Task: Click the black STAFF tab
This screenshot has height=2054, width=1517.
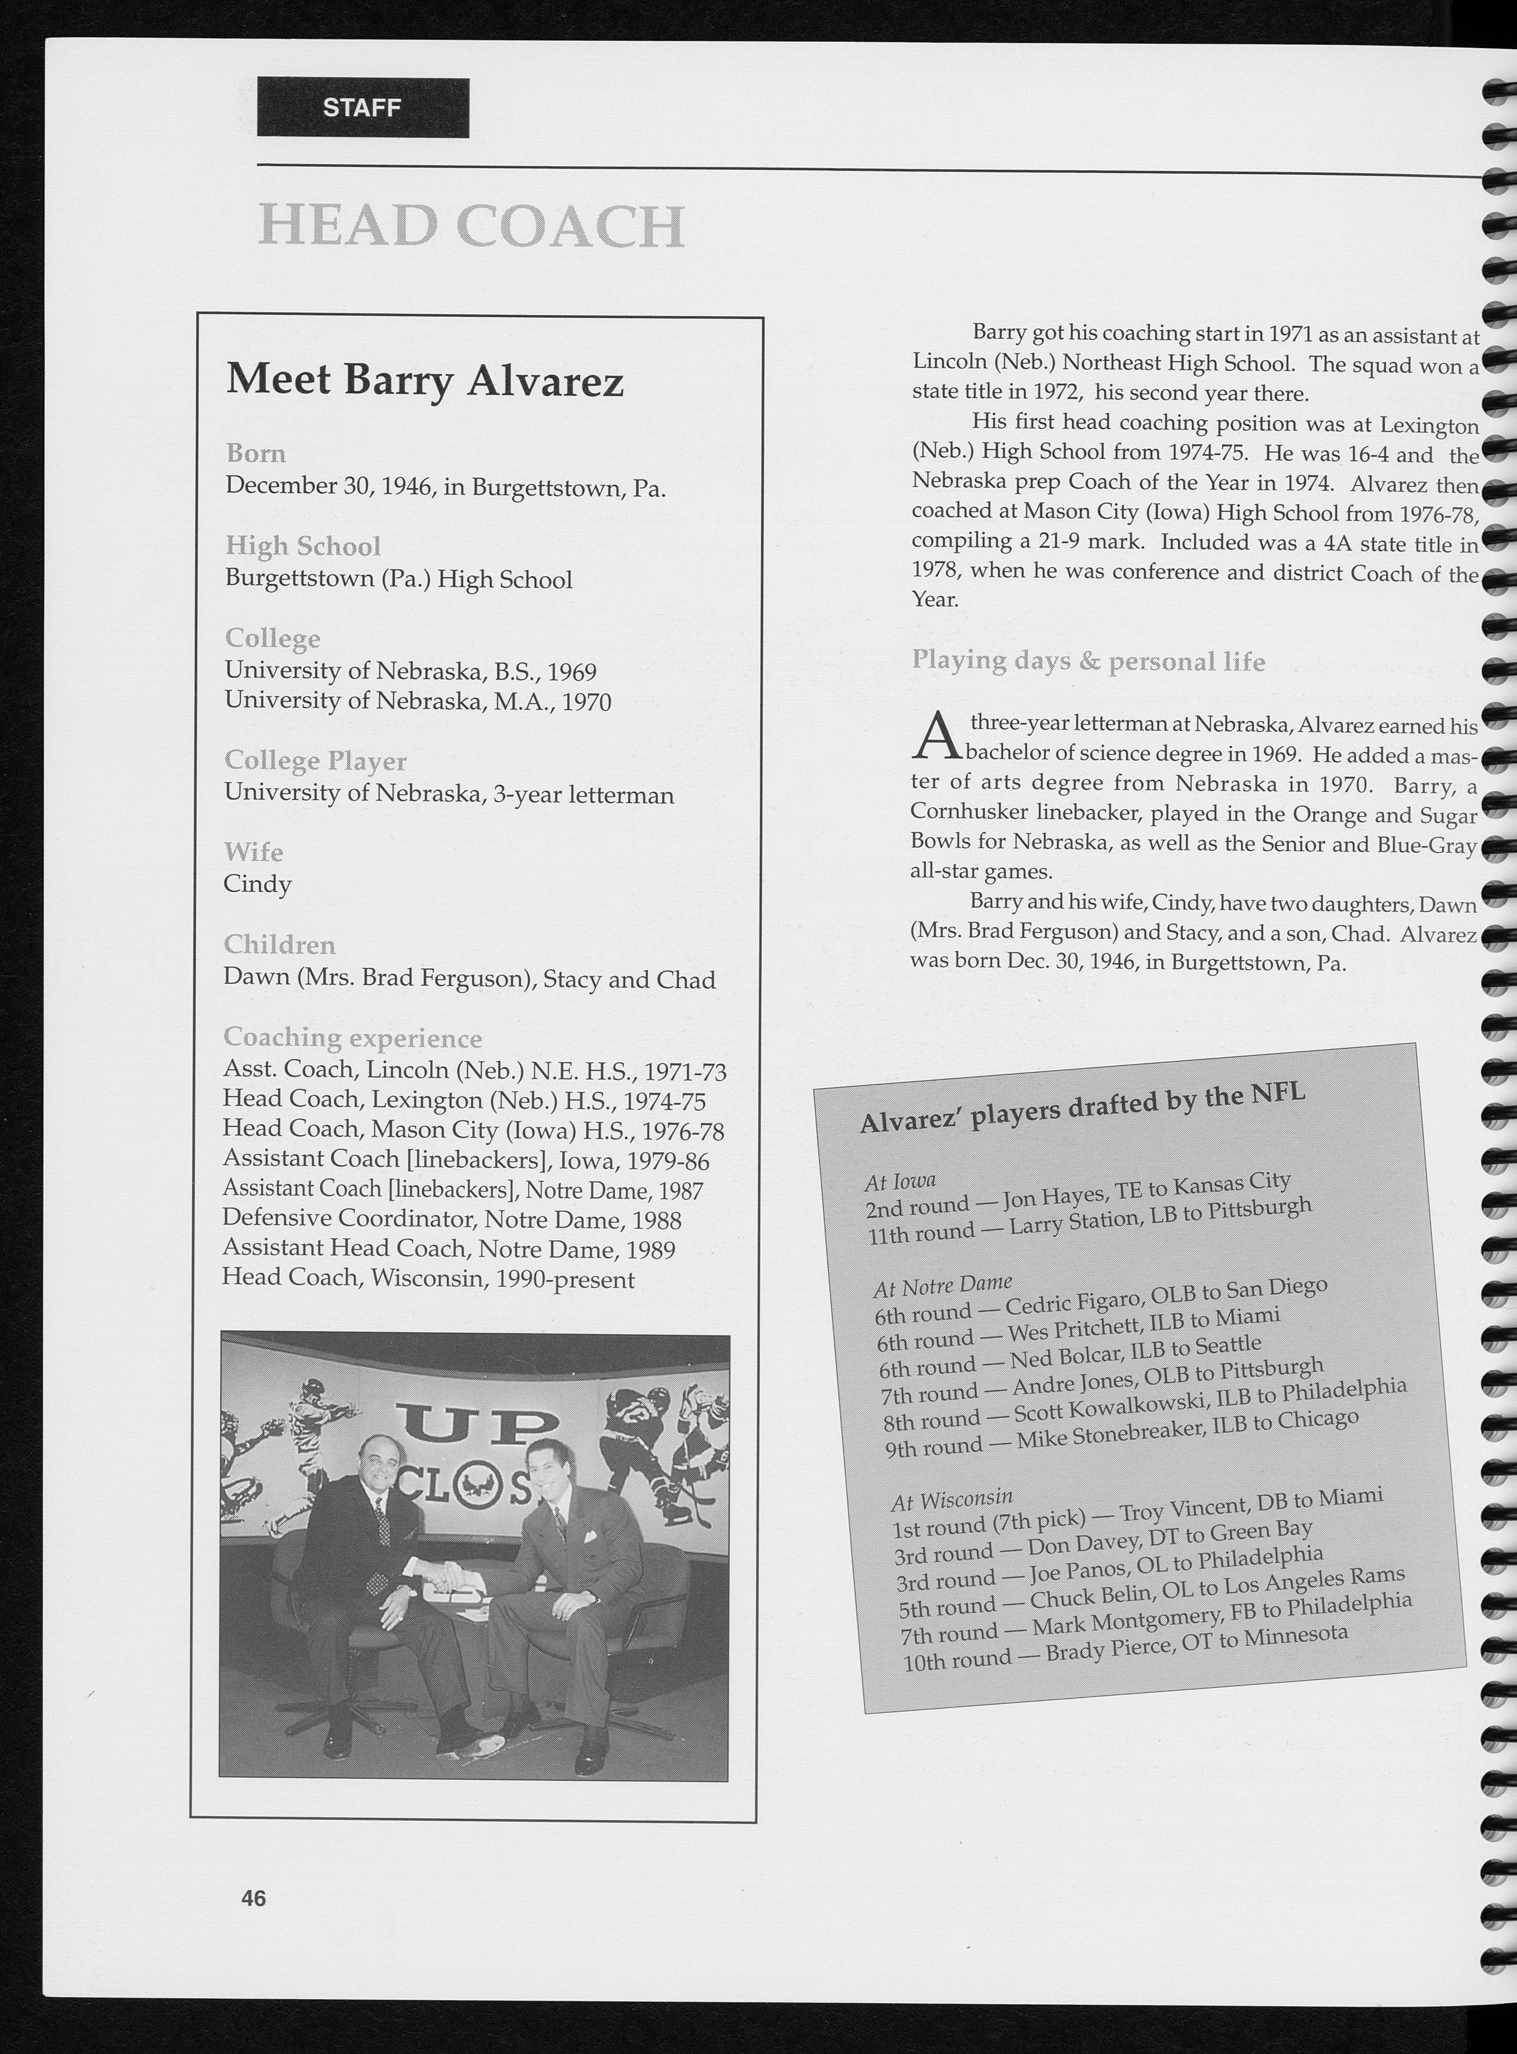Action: pyautogui.click(x=363, y=108)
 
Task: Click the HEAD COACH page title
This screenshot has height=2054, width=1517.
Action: pyautogui.click(x=472, y=226)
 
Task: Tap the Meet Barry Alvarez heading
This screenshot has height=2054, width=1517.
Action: pyautogui.click(x=424, y=380)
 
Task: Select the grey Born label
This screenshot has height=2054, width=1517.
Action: pyautogui.click(x=256, y=454)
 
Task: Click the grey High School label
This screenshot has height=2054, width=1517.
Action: pyautogui.click(x=303, y=546)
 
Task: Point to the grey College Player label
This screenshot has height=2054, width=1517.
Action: pyautogui.click(x=315, y=761)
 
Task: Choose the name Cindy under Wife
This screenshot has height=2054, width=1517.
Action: pyautogui.click(x=257, y=884)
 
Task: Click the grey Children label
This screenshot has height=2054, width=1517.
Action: pyautogui.click(x=279, y=944)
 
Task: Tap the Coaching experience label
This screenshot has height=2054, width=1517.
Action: pyautogui.click(x=352, y=1037)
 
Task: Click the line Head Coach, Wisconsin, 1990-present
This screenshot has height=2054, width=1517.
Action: pyautogui.click(x=428, y=1279)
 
